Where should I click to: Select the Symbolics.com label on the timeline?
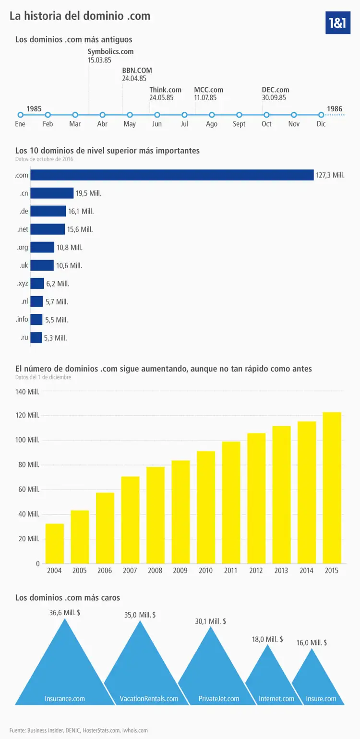tap(110, 51)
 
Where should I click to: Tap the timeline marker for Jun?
tap(157, 115)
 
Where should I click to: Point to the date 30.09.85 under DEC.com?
tap(274, 97)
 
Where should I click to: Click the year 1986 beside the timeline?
tap(335, 109)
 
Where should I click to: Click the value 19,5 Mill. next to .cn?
tap(88, 193)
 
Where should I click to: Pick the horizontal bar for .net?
tap(48, 229)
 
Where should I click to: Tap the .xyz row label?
tap(22, 284)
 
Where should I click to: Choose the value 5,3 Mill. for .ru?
tap(55, 338)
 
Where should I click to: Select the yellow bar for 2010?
tap(206, 507)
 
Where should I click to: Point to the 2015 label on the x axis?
tap(331, 571)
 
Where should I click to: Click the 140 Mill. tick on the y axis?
tap(27, 392)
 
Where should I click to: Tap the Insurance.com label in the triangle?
tap(65, 698)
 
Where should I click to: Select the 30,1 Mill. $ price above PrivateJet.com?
tap(210, 621)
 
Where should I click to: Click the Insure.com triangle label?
tap(321, 698)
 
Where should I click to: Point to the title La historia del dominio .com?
tap(80, 16)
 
